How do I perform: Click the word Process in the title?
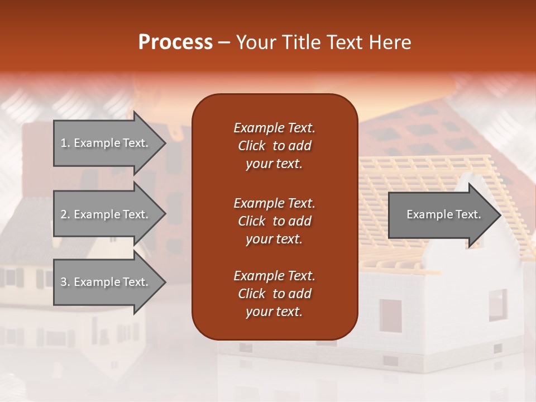175,42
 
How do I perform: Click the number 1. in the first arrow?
65,143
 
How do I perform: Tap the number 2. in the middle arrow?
65,214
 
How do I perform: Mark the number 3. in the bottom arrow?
65,282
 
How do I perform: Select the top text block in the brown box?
274,146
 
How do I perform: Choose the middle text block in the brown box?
274,221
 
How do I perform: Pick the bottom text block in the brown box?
274,294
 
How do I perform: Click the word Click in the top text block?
252,146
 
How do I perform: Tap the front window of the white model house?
390,315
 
